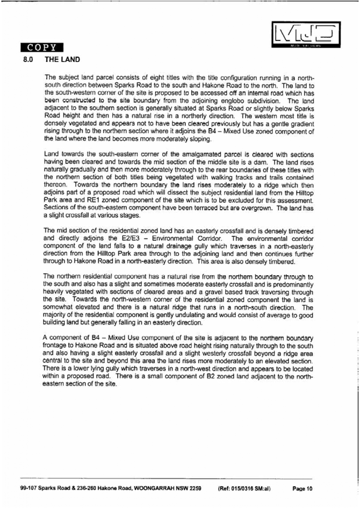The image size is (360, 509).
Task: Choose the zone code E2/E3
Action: point(119,238)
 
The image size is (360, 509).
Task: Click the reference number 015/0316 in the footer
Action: point(246,489)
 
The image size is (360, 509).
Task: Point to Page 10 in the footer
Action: point(302,489)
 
